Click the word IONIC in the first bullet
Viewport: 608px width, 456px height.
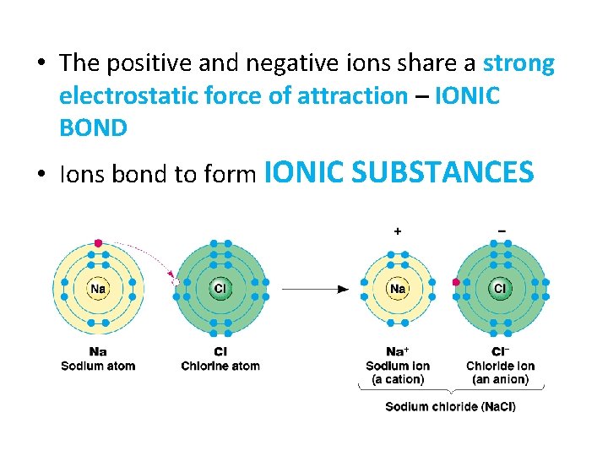coord(467,96)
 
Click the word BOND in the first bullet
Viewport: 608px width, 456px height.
coord(93,128)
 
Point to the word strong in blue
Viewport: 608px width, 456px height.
coord(518,64)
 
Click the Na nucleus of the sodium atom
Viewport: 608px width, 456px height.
coord(98,289)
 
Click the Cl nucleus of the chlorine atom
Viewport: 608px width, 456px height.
coord(220,289)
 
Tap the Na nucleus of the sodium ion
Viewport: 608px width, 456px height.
coord(397,289)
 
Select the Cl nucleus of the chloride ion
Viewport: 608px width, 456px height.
coord(500,289)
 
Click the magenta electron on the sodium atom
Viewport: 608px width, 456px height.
coord(98,243)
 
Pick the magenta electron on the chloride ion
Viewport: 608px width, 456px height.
coord(456,283)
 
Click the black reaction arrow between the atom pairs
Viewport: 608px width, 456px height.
coord(316,289)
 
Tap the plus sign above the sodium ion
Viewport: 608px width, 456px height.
coord(397,230)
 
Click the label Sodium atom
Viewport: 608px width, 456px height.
coord(98,366)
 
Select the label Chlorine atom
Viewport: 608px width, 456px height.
coord(220,366)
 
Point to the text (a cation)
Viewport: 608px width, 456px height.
coord(398,379)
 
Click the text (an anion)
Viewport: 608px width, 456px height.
coord(500,379)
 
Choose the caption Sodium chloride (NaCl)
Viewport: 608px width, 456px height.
coord(450,407)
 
